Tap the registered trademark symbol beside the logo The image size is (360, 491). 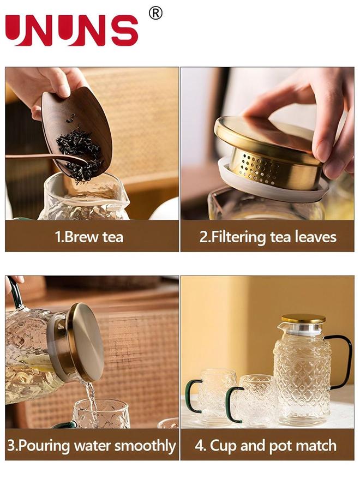(155, 13)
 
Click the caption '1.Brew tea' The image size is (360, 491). (89, 237)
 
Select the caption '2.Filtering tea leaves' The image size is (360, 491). (267, 237)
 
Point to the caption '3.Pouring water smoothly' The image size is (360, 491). (92, 446)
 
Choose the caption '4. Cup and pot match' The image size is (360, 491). (266, 446)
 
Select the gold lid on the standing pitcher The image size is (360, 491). (303, 319)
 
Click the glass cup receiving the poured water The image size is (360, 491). (101, 415)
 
